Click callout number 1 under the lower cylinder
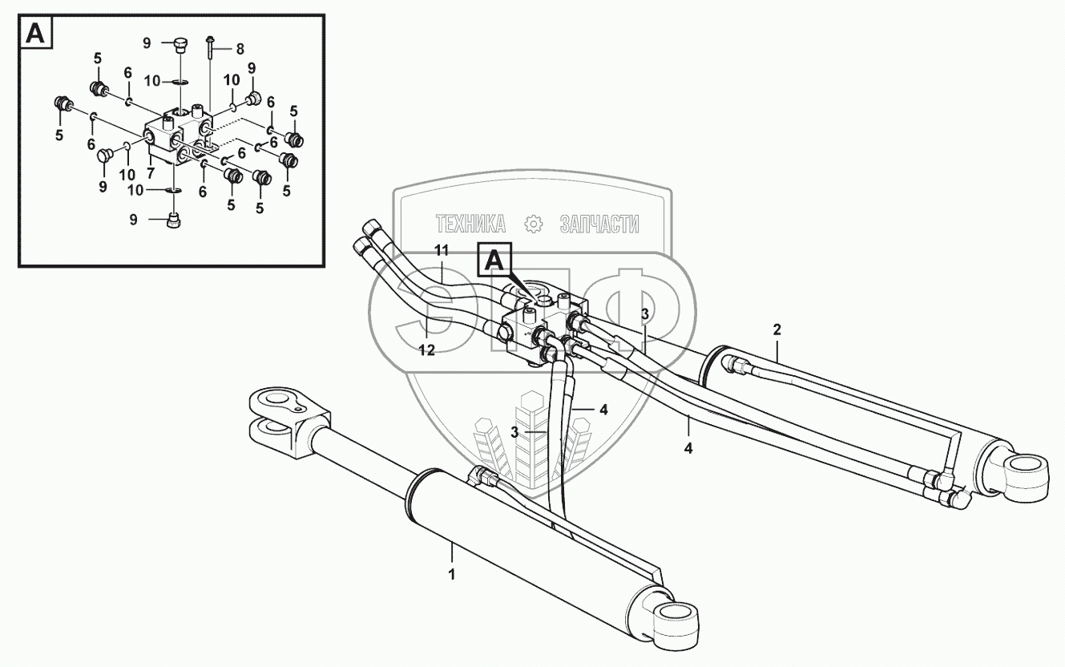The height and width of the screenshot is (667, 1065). (x=451, y=574)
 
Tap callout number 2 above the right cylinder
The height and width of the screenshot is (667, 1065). (x=777, y=328)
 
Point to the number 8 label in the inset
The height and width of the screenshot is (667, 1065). (x=239, y=48)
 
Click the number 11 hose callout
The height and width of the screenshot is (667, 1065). (x=440, y=250)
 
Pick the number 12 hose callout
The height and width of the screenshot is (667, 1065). (x=427, y=350)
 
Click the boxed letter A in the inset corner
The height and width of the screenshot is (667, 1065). (x=34, y=33)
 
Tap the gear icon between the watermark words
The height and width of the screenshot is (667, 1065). (x=530, y=224)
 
